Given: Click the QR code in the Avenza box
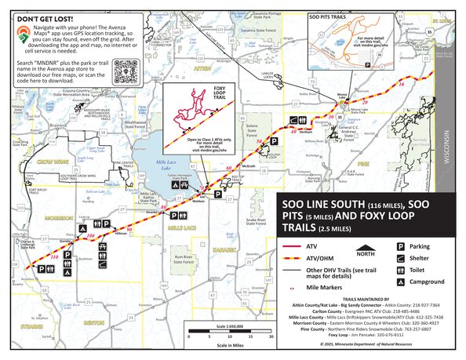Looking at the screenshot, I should (128, 72).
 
